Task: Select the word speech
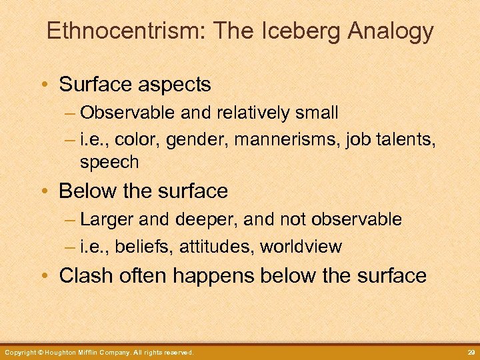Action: point(109,162)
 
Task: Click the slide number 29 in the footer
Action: point(469,352)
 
